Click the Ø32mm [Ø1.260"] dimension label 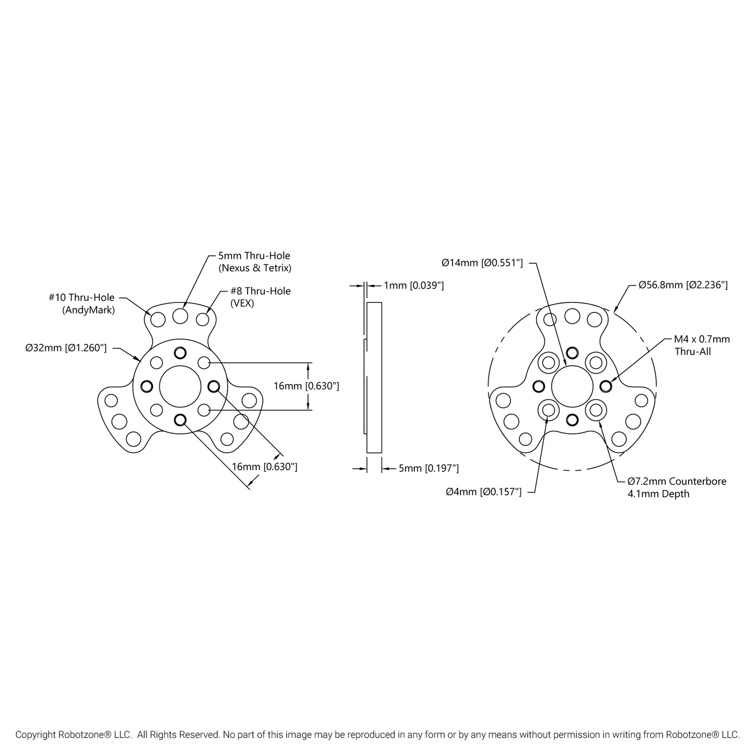click(66, 348)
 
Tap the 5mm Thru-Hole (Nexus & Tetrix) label click(254, 262)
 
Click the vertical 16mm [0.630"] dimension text click(307, 386)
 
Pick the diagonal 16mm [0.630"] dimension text click(264, 467)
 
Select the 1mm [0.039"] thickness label click(414, 285)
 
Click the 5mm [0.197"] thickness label click(428, 469)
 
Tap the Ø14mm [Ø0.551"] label click(482, 263)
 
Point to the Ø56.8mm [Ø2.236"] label click(683, 285)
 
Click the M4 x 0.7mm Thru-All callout click(702, 345)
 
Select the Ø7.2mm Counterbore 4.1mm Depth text click(677, 487)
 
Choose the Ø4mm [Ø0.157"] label click(483, 492)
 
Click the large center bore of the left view click(180, 386)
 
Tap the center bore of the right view click(572, 386)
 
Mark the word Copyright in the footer click(36, 735)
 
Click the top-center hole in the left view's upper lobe click(180, 316)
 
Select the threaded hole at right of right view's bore click(606, 386)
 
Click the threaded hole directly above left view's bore click(180, 353)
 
